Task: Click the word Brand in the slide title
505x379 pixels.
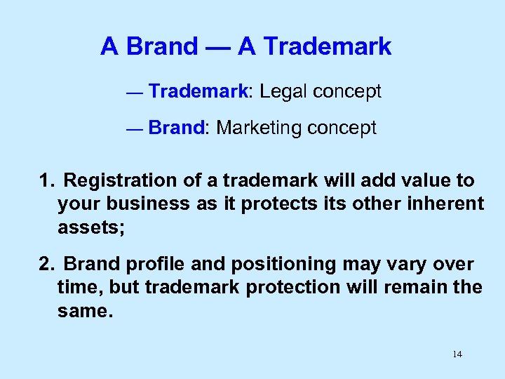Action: [x=161, y=47]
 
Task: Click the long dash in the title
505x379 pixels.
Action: [x=217, y=47]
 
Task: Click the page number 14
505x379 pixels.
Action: [x=457, y=354]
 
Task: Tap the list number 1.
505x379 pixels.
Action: [x=46, y=181]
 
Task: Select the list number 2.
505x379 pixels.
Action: [x=46, y=265]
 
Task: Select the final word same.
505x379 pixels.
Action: [x=84, y=310]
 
